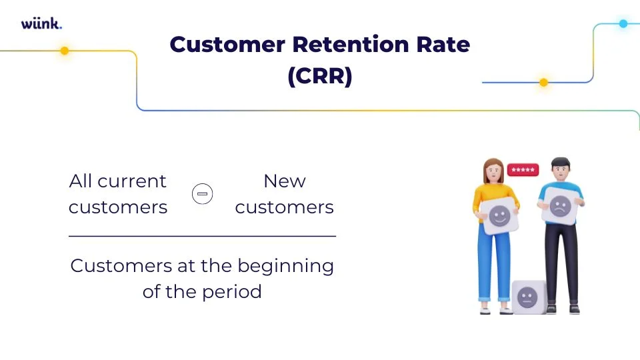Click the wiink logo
pyautogui.click(x=41, y=24)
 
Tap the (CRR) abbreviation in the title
pyautogui.click(x=319, y=76)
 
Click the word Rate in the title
pyautogui.click(x=443, y=45)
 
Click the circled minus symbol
pyautogui.click(x=202, y=194)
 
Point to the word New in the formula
pyautogui.click(x=285, y=181)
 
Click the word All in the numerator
pyautogui.click(x=81, y=181)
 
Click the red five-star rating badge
pyautogui.click(x=523, y=170)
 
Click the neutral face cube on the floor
pyautogui.click(x=528, y=295)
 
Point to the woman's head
pyautogui.click(x=493, y=171)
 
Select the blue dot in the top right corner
pyautogui.click(x=623, y=23)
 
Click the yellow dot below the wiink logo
pyautogui.click(x=65, y=51)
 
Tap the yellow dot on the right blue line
pyautogui.click(x=543, y=83)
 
